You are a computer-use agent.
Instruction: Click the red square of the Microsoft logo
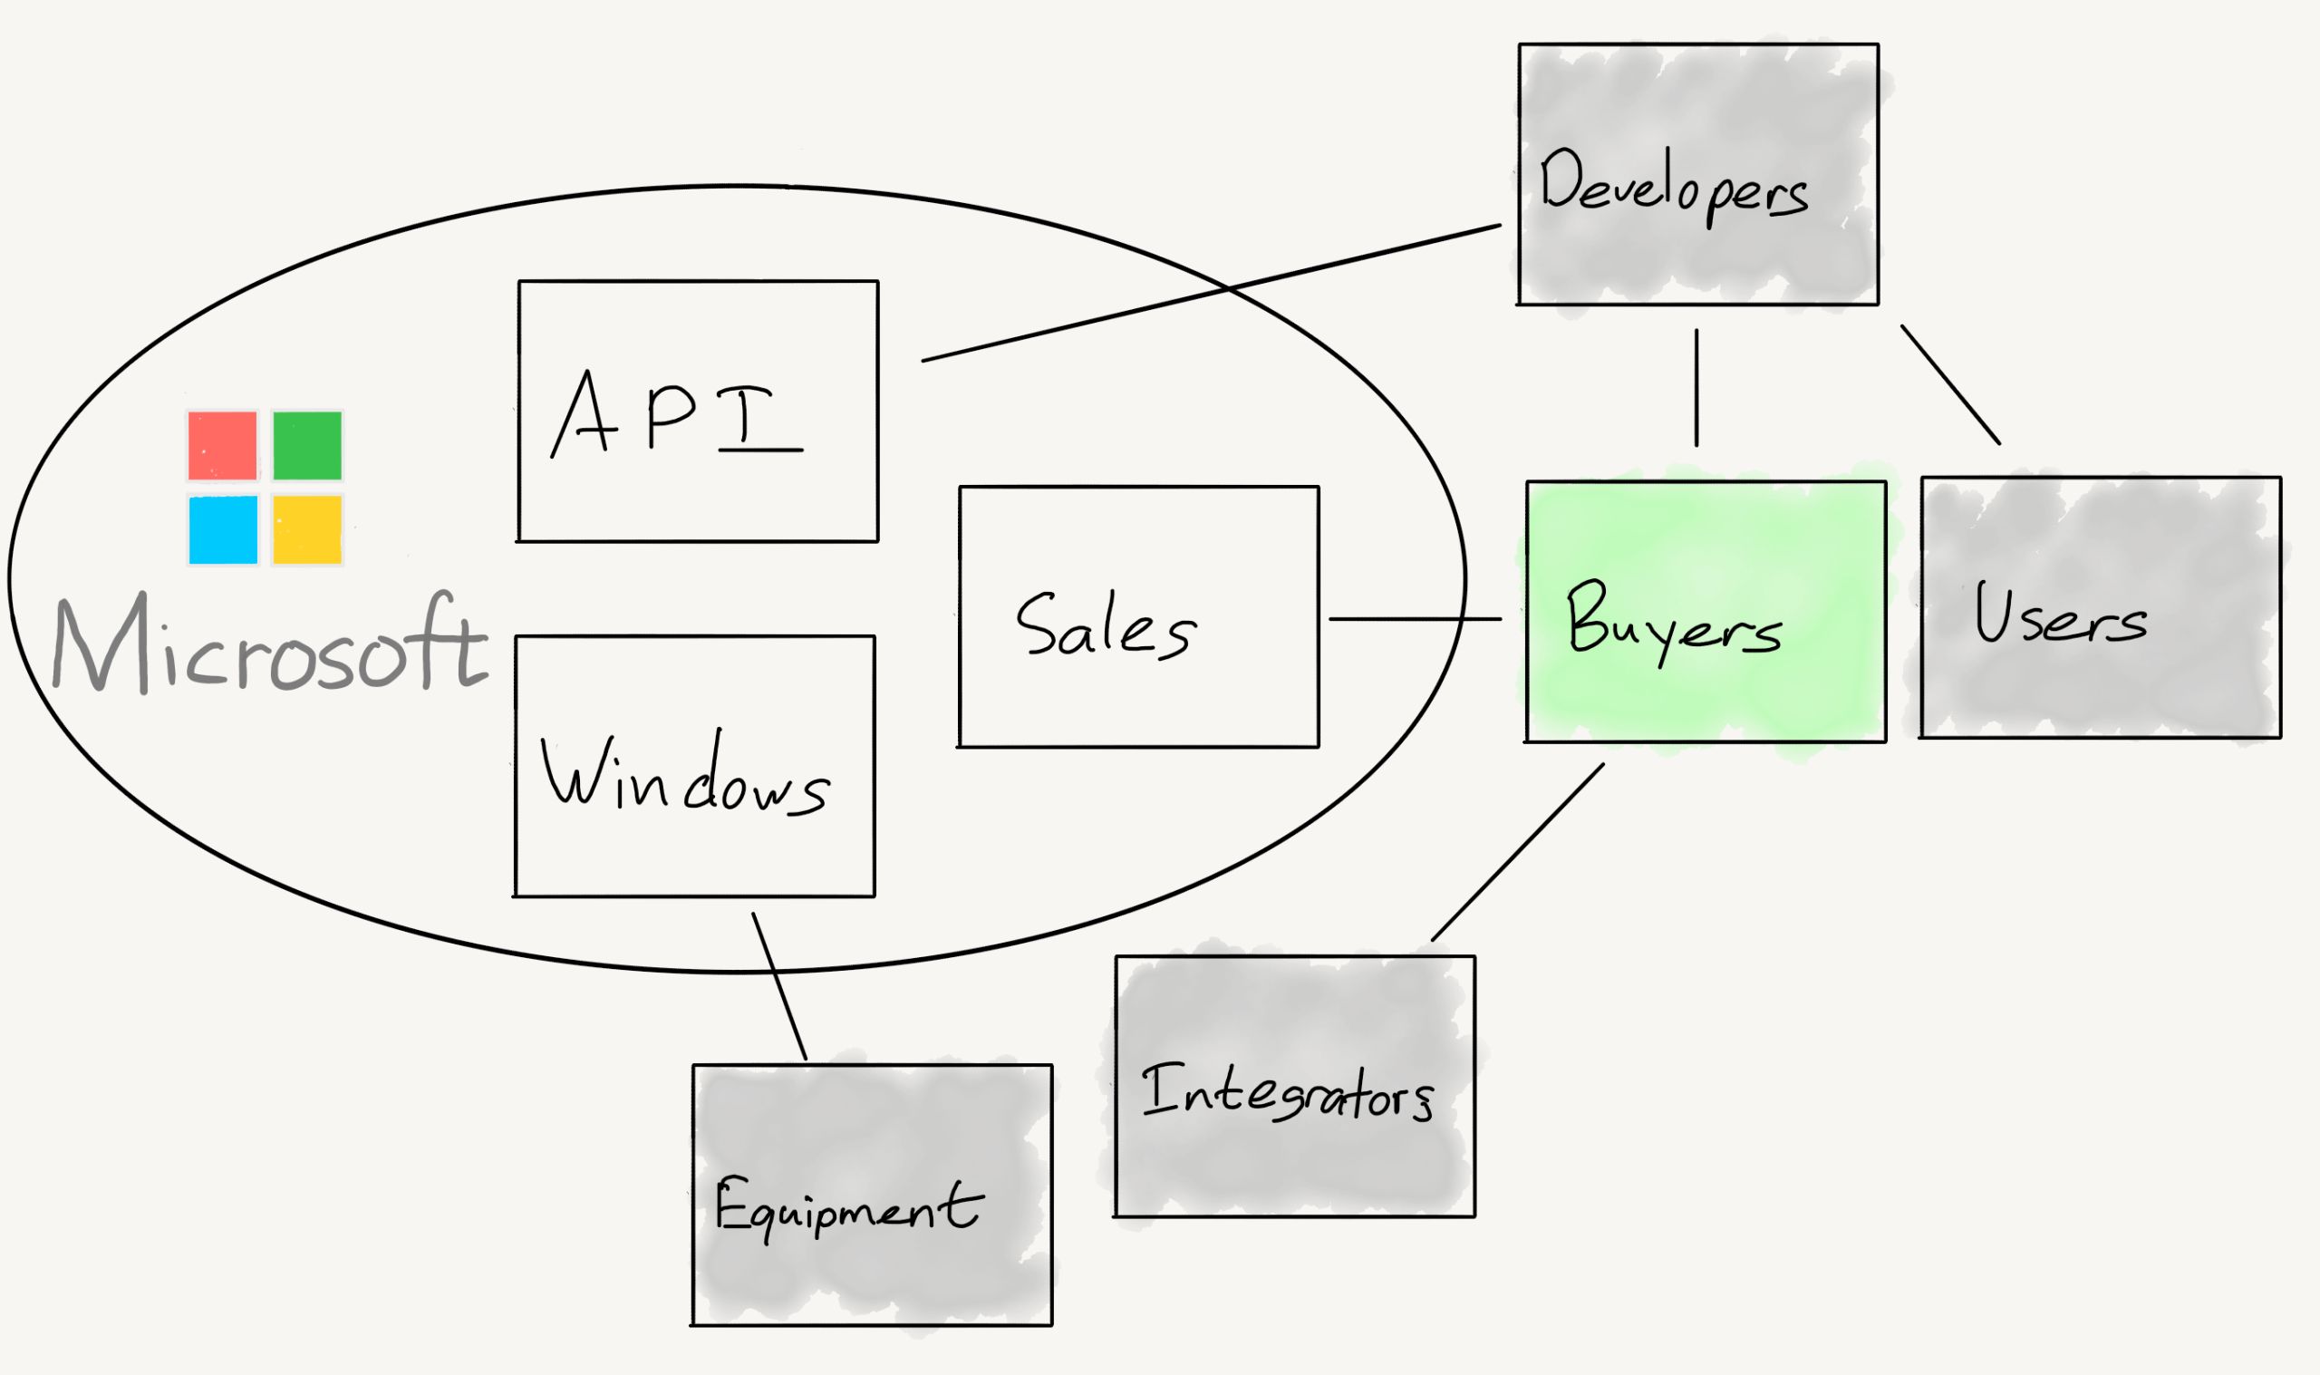(222, 446)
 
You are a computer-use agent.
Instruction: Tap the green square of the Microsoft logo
(307, 446)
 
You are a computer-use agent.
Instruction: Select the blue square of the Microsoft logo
(223, 530)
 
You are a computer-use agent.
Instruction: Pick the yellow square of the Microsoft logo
(307, 530)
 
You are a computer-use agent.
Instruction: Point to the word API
(676, 412)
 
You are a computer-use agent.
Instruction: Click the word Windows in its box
(685, 774)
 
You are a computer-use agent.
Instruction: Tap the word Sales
(1106, 625)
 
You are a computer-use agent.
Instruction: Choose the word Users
(2060, 614)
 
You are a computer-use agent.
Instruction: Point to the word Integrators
(1288, 1093)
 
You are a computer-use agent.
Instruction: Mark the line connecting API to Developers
(1212, 293)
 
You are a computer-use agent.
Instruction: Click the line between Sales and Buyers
(1416, 619)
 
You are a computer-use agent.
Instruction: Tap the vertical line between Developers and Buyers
(1696, 387)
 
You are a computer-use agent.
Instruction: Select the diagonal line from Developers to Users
(1950, 384)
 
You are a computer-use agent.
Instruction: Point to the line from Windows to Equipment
(778, 986)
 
